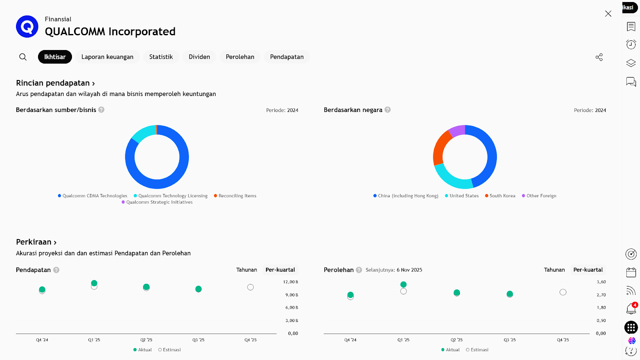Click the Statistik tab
161,57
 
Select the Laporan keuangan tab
107,57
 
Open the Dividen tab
199,57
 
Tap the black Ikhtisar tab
55,57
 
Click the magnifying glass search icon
23,57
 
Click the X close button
608,14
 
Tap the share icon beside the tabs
599,57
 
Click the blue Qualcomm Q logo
27,27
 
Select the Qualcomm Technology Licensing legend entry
172,196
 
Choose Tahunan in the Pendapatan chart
246,270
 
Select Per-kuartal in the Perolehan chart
588,270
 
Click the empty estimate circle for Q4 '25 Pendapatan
250,287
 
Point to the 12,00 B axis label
291,282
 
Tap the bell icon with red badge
631,308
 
